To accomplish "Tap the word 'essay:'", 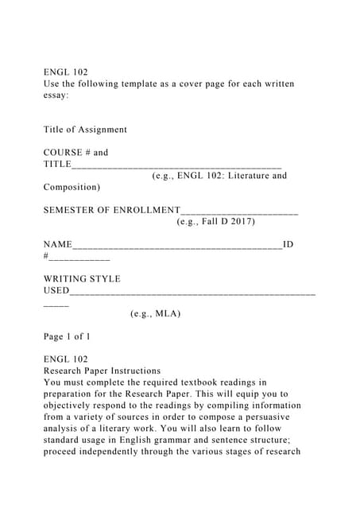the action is [57, 95].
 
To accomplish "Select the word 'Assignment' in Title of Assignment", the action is [102, 130].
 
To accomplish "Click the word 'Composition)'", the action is [72, 188].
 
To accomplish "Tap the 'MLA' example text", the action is [167, 313].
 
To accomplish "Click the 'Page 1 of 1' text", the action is [67, 336].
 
